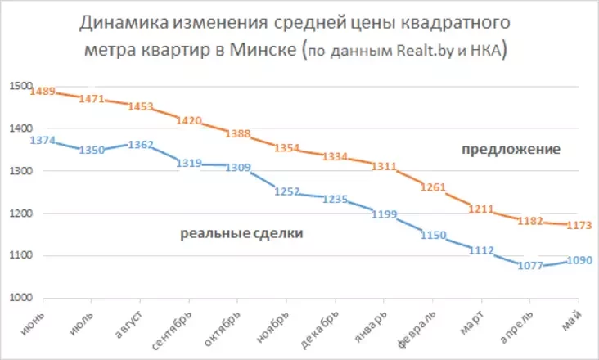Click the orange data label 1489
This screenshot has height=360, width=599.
click(42, 92)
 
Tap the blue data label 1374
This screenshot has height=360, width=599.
click(42, 141)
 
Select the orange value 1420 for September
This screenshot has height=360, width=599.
click(188, 120)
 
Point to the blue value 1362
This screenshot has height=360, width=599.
click(141, 145)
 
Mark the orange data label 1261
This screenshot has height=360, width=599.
click(433, 187)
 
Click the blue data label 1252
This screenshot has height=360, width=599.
click(286, 191)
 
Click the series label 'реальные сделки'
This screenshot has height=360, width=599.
click(241, 234)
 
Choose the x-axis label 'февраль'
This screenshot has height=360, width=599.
click(415, 327)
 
